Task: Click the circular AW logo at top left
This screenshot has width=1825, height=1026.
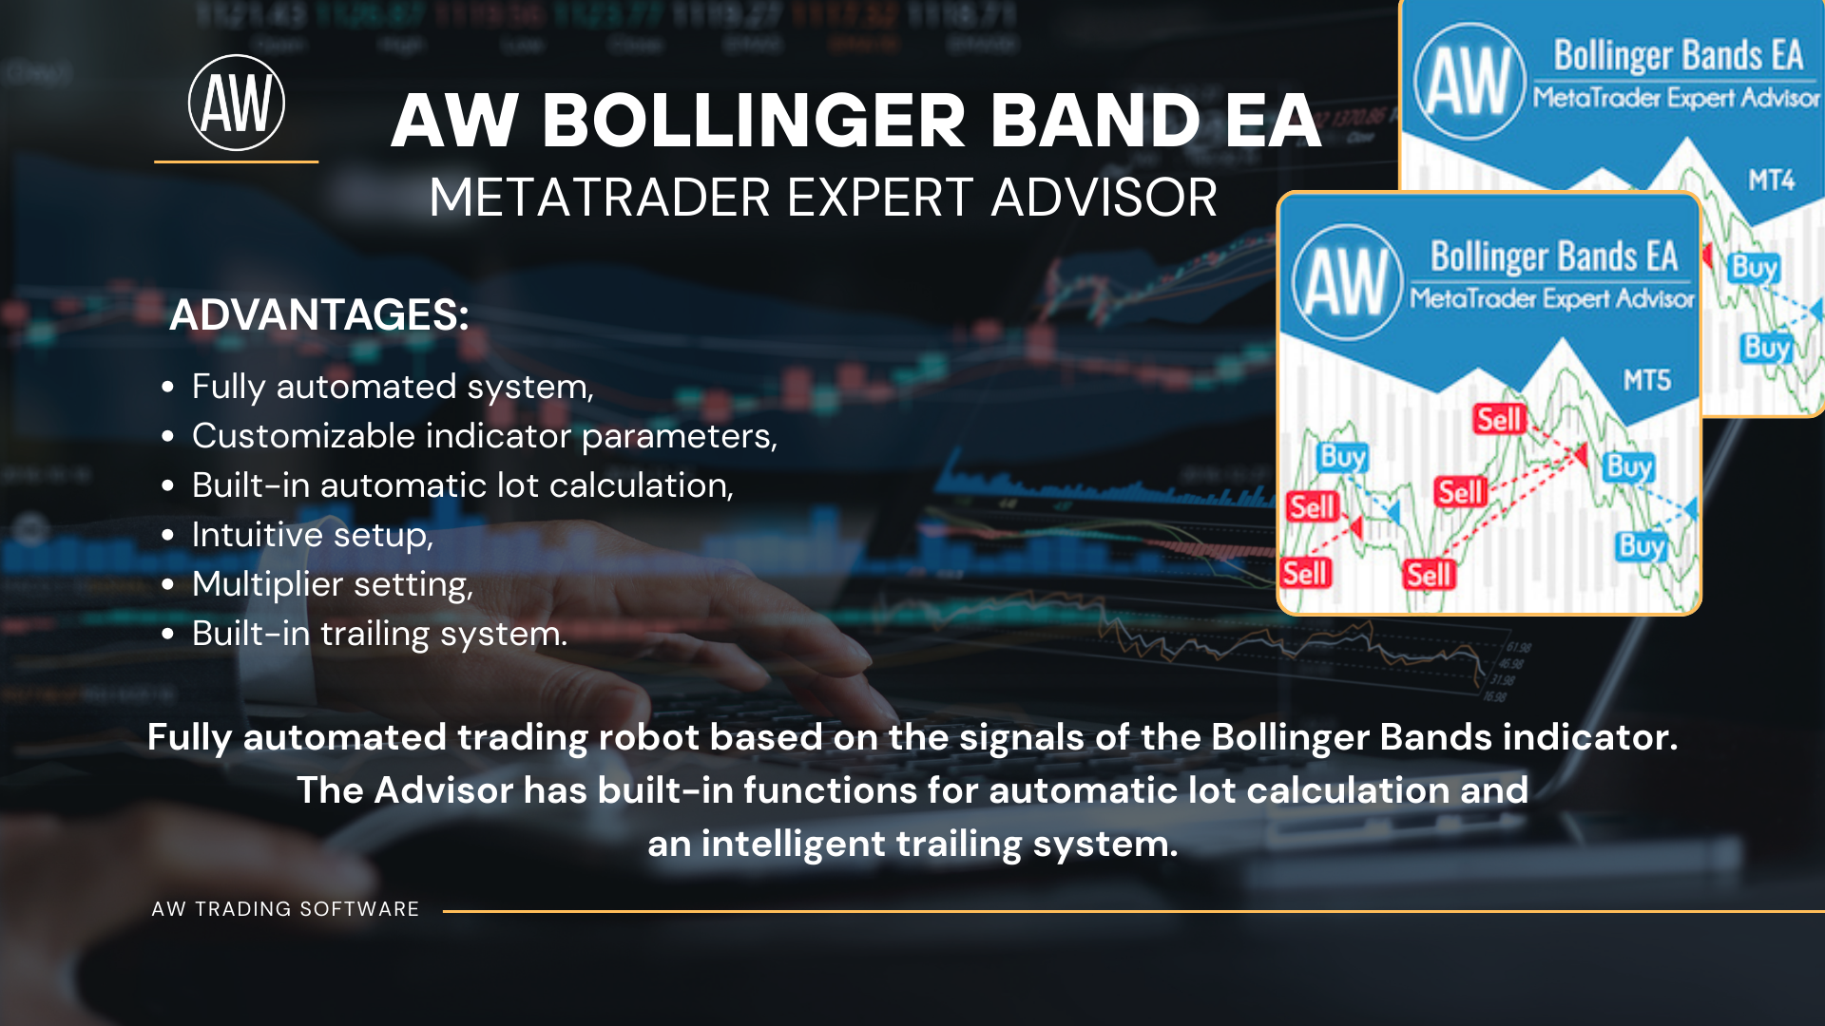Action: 237,103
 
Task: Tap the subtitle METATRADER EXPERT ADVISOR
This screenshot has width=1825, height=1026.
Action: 823,198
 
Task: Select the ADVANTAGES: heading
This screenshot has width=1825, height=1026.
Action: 319,314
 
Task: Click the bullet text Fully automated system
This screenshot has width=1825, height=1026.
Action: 393,387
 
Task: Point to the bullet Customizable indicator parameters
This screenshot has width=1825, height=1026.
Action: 485,436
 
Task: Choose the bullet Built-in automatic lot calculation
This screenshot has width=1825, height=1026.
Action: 463,485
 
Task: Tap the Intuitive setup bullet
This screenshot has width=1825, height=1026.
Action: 313,535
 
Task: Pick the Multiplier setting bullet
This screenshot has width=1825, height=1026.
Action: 333,584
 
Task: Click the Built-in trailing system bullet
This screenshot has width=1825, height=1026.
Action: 379,634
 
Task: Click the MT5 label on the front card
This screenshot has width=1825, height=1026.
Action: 1646,381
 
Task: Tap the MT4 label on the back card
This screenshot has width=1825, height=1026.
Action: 1772,180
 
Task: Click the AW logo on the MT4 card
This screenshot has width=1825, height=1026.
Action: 1470,82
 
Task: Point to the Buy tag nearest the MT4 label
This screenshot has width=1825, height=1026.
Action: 1755,267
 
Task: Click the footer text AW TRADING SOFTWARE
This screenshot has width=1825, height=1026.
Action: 285,909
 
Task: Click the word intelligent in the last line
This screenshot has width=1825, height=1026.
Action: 794,845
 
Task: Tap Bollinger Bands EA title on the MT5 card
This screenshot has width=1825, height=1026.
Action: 1554,256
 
